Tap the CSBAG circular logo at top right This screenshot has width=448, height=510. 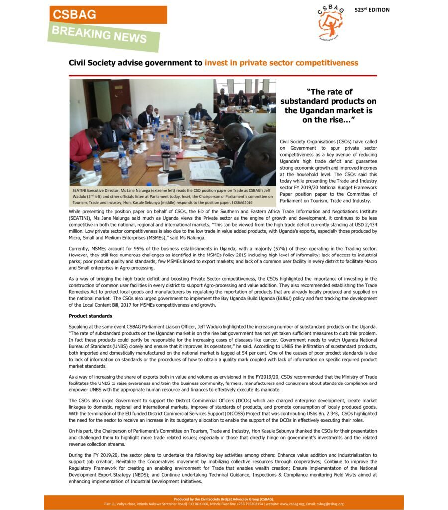click(330, 22)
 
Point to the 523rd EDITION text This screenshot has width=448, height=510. click(372, 10)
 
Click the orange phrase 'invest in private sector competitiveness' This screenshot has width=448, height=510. click(281, 63)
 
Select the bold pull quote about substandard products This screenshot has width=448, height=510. click(329, 106)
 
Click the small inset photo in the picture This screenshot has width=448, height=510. click(244, 96)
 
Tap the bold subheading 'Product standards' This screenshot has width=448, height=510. click(90, 316)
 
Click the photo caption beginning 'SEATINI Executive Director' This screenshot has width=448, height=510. click(172, 196)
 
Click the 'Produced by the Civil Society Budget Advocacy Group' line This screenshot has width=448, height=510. click(224, 499)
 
